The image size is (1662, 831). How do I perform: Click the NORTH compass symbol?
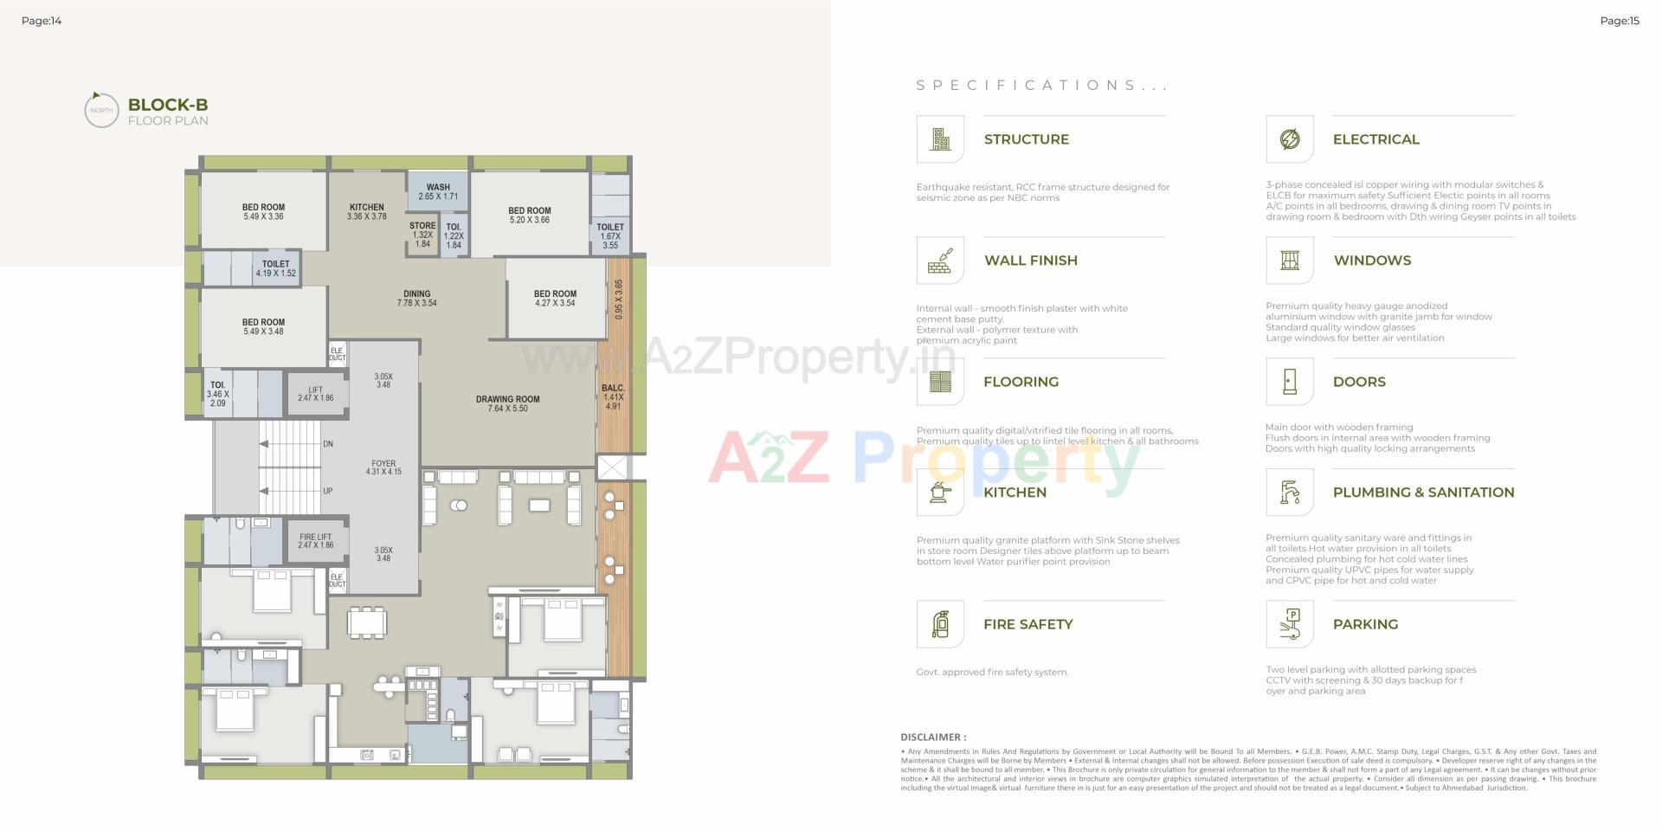point(100,110)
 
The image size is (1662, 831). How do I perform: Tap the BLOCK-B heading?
point(168,105)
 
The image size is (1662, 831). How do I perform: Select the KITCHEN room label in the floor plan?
point(366,207)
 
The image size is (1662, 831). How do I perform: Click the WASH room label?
point(438,187)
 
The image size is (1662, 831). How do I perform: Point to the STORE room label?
point(422,226)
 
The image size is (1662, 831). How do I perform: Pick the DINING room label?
point(416,294)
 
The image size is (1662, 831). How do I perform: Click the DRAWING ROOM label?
point(507,400)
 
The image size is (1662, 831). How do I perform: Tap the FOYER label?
point(383,464)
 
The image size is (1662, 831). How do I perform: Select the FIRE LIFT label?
point(316,537)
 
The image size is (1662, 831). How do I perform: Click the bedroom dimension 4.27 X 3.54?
point(555,304)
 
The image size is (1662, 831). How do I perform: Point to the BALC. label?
point(613,389)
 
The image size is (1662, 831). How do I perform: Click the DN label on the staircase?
point(328,444)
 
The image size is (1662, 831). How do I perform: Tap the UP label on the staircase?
point(328,491)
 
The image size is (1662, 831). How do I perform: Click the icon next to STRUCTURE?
point(940,139)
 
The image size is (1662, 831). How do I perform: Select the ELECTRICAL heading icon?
point(1289,139)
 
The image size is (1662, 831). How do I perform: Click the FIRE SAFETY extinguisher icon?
point(940,624)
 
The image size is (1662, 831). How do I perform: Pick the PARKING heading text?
point(1365,624)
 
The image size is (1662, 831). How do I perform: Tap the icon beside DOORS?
point(1289,382)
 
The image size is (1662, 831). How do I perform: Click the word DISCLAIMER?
point(933,738)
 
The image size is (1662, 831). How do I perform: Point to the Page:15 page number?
point(1620,21)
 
